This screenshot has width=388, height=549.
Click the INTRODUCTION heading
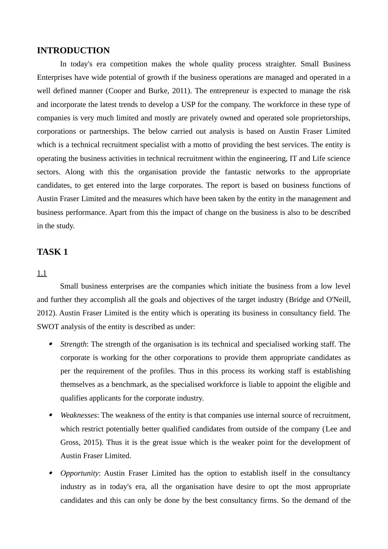coord(73,51)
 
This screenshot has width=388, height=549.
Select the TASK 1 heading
coord(52,252)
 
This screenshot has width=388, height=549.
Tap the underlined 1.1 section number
coord(42,273)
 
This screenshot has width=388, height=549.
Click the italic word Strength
coord(73,344)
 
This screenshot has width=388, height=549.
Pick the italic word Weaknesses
coord(79,415)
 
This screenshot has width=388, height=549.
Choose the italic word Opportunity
coord(79,473)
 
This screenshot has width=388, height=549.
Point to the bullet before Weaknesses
coord(51,415)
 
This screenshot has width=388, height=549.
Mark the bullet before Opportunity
coord(51,473)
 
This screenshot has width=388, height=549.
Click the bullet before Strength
coord(51,344)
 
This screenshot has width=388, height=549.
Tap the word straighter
coord(280,64)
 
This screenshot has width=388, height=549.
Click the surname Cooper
coord(120,91)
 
